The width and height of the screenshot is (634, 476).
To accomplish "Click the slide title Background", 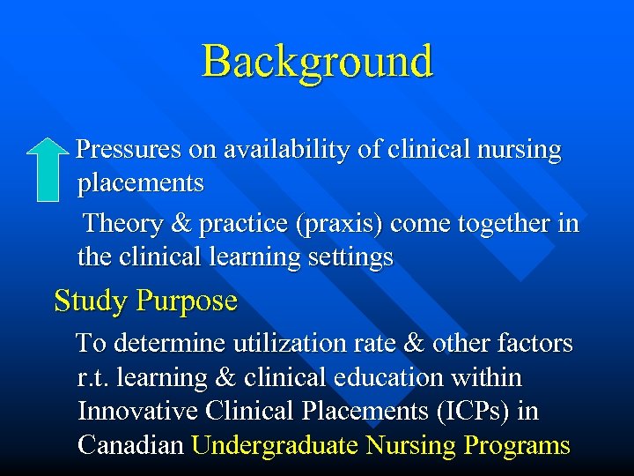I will [x=317, y=62].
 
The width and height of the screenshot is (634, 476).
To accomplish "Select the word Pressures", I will [x=129, y=150].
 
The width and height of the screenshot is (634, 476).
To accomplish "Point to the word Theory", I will [x=122, y=224].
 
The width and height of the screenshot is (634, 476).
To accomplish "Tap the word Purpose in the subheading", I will [x=187, y=301].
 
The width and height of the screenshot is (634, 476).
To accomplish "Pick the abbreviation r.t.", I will [x=93, y=377].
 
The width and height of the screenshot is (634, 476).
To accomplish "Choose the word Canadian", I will [x=130, y=445].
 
